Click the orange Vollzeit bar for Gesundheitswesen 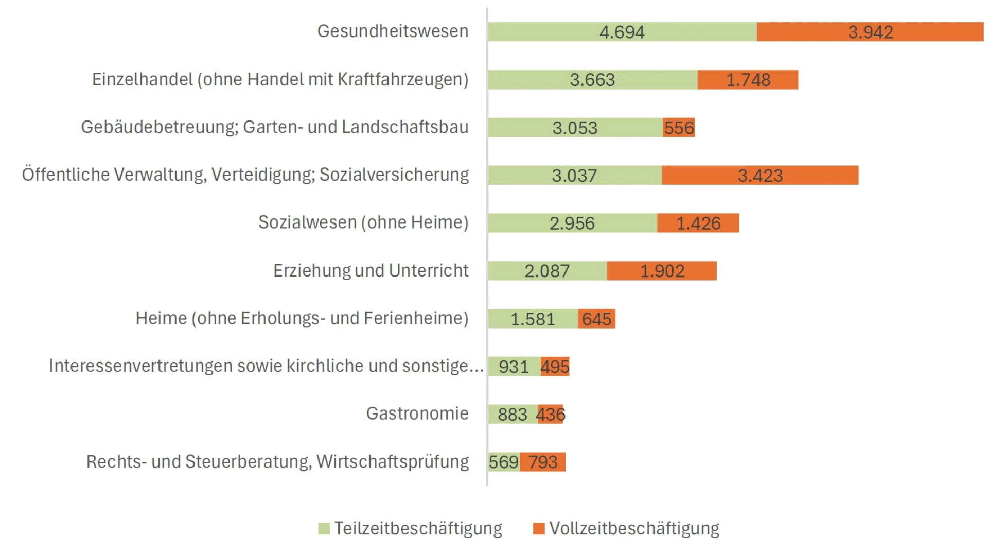(x=870, y=32)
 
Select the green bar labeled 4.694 (x=622, y=32)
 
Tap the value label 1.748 (x=748, y=80)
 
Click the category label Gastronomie (x=417, y=413)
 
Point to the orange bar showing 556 (x=679, y=128)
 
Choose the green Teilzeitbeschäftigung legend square (x=324, y=529)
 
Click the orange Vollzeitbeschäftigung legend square (x=539, y=529)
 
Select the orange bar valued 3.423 (x=760, y=176)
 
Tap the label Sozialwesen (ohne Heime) (x=363, y=222)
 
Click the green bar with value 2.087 (x=546, y=271)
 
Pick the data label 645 (x=596, y=319)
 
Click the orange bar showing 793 (x=542, y=462)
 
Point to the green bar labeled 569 (x=503, y=462)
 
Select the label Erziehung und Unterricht (x=370, y=270)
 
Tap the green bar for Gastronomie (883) (x=512, y=415)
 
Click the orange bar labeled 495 (x=555, y=367)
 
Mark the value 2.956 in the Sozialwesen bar (x=572, y=223)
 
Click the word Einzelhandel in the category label (x=142, y=79)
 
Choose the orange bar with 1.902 (x=662, y=271)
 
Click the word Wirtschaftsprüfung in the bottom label (x=392, y=462)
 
